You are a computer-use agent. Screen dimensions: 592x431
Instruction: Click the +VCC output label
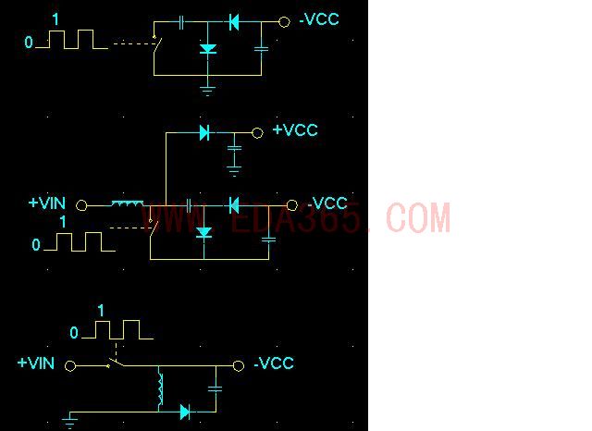(x=295, y=130)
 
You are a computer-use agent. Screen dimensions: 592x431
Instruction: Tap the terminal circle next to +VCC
(x=257, y=133)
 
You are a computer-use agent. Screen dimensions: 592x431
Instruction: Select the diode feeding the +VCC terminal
(x=204, y=133)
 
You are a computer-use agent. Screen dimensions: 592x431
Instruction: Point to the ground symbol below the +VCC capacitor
(x=234, y=171)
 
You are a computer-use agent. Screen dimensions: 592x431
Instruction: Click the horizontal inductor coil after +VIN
(x=128, y=203)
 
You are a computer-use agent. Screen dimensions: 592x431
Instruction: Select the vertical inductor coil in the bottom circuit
(x=161, y=389)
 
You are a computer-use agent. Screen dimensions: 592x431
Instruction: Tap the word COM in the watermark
(x=418, y=217)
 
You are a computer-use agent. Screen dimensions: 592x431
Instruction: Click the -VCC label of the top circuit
(x=319, y=19)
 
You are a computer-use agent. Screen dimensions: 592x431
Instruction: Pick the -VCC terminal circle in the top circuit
(x=284, y=22)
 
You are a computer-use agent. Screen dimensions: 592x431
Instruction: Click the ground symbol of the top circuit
(x=207, y=91)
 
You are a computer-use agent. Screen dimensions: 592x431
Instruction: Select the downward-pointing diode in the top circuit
(x=207, y=49)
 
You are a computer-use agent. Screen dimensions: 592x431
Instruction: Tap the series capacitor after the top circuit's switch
(x=181, y=22)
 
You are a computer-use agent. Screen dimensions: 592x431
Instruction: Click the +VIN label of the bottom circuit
(x=36, y=363)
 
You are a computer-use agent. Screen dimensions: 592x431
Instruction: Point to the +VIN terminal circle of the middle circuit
(x=81, y=205)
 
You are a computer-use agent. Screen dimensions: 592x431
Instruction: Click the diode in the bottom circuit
(x=185, y=412)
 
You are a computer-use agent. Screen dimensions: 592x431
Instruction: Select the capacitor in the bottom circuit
(x=216, y=388)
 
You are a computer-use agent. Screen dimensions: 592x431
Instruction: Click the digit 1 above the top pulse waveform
(x=55, y=19)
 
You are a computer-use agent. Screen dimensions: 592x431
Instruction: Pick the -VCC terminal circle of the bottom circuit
(x=239, y=365)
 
